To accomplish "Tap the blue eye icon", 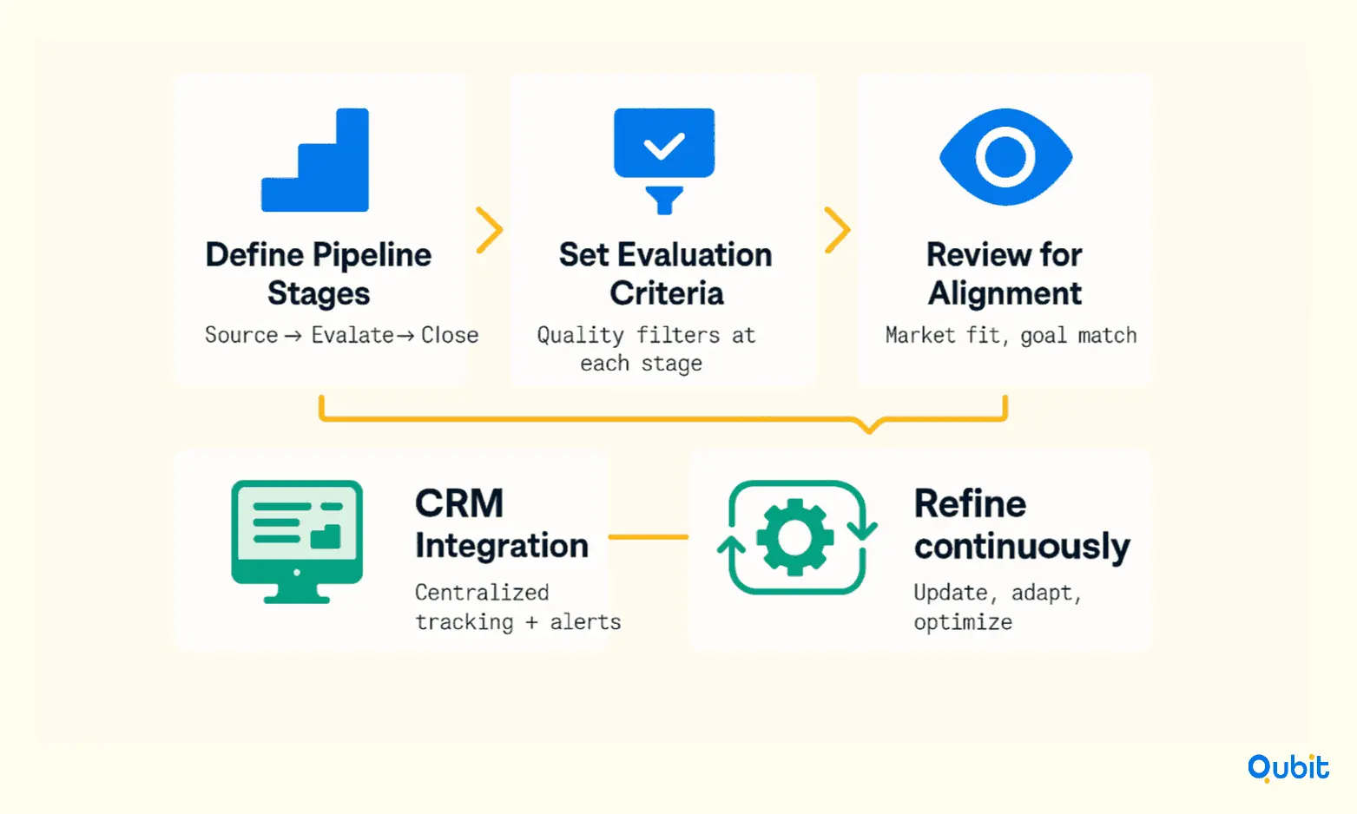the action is coord(1005,157).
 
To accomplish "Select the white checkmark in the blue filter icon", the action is coord(664,146).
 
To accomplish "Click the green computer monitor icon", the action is coord(297,542).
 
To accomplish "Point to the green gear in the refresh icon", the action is coord(794,537).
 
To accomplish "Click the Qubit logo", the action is coord(1288,768).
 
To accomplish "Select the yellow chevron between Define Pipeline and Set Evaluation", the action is coord(490,230).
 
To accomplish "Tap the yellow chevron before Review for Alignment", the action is coord(838,230).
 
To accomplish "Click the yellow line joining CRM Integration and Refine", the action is coord(649,536).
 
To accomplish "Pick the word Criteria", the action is coord(667,293).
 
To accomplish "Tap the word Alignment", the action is coord(1005,294).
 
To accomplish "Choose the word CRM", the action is coord(459,503).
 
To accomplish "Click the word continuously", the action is coord(1022,547).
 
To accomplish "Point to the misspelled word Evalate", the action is coord(352,335).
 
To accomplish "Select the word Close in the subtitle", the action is coord(450,335).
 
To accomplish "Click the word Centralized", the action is coord(482,593).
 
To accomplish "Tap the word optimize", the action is coord(963,622).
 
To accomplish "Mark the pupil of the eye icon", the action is coord(1005,157).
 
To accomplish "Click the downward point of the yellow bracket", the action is coord(869,430).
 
